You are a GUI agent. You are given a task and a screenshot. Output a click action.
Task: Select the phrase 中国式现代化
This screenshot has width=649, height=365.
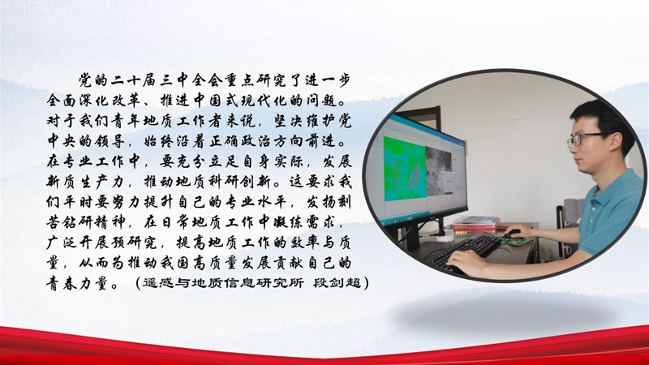[x=243, y=101]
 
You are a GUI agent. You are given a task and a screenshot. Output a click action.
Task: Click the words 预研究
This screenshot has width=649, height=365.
[x=133, y=243]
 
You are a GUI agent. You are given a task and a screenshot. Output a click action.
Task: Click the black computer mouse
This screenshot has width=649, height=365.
[x=512, y=234]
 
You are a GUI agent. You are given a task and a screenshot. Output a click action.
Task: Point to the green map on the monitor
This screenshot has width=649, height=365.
[x=404, y=169]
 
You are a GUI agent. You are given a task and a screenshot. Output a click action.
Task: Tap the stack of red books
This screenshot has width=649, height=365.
[x=476, y=225]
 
